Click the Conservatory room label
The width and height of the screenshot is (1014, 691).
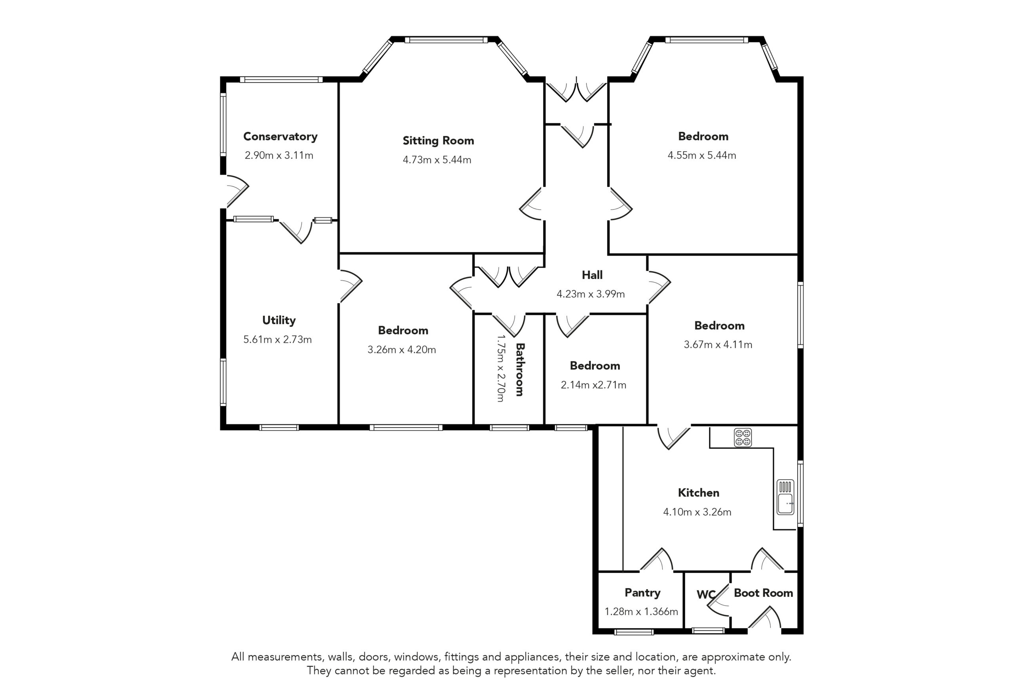(x=280, y=137)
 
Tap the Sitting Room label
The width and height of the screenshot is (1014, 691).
(x=438, y=140)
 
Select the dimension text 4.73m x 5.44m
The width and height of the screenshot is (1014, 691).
(x=437, y=159)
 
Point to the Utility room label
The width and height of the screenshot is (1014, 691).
(x=279, y=320)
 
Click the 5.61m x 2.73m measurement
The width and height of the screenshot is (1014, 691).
(x=278, y=339)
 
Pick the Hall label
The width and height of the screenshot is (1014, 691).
(x=592, y=275)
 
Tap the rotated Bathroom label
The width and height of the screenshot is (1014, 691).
(x=520, y=369)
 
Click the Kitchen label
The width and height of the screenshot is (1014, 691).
(x=699, y=493)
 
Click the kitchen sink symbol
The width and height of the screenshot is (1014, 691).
(x=785, y=497)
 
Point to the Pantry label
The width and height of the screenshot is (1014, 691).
(x=642, y=592)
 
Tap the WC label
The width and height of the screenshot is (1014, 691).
(x=705, y=594)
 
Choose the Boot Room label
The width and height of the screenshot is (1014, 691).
(x=763, y=593)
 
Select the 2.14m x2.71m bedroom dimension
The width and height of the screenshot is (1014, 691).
(x=593, y=385)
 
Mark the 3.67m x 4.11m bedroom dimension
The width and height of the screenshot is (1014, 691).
(x=718, y=344)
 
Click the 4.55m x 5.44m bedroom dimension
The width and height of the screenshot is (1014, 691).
(x=701, y=155)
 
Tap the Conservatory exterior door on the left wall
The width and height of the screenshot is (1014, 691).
(x=236, y=191)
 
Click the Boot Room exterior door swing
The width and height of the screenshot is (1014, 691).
(x=764, y=618)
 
